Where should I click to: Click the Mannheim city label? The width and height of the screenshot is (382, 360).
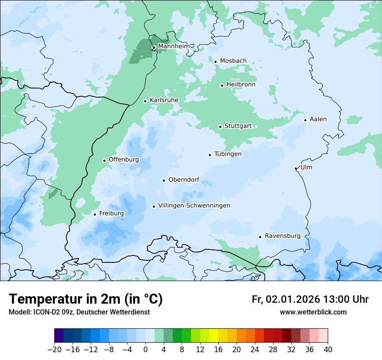point(174,46)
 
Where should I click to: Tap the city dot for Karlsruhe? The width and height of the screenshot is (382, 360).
point(145,101)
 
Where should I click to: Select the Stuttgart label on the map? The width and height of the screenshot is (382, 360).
point(238,126)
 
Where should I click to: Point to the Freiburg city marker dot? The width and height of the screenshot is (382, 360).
point(95,214)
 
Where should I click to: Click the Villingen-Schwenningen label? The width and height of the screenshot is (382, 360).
point(194,206)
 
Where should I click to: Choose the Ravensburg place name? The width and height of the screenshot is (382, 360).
point(283,236)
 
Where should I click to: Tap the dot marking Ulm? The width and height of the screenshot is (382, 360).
point(296,168)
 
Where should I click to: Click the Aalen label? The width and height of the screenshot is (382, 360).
point(318,119)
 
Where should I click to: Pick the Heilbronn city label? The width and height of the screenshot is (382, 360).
point(241,85)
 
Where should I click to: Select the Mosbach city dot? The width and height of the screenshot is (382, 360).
point(215,62)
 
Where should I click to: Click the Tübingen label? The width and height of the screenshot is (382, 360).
point(228,154)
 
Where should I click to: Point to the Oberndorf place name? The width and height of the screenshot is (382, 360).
point(184,180)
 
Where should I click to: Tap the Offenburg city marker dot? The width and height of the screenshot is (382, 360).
point(104,160)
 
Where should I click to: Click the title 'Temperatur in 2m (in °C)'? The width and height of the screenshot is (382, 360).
point(86,299)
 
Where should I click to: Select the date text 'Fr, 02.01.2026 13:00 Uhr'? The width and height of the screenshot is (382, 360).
point(310,299)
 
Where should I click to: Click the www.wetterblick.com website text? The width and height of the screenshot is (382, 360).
point(313,312)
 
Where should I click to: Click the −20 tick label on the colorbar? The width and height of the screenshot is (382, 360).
point(54,350)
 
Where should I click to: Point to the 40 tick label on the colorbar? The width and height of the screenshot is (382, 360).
point(328,350)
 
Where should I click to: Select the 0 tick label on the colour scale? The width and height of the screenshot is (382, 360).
point(145,350)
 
